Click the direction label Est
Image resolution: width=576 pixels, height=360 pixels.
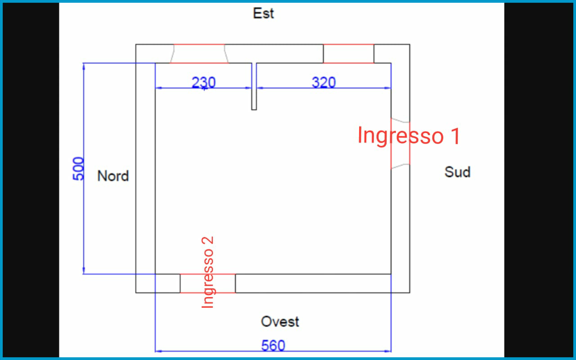point(263,13)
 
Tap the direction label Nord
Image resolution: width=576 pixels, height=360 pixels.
point(113,176)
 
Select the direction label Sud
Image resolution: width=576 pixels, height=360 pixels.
point(457,172)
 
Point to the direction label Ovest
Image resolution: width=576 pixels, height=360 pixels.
point(280,322)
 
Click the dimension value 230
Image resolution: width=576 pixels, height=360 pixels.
point(203,82)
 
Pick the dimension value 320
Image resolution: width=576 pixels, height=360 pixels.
point(324,82)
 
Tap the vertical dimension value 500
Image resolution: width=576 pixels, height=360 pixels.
point(78,169)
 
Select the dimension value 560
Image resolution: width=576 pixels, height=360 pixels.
point(273,346)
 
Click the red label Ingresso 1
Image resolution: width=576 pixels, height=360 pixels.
point(409,135)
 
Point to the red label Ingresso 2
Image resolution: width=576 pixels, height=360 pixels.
point(207,273)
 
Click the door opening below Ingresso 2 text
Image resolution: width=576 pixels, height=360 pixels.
point(207,283)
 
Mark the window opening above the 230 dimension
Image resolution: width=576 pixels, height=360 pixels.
point(199,54)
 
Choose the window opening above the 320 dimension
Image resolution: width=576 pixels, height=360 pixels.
point(348,54)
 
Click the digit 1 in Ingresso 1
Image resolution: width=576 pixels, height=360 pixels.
point(455,135)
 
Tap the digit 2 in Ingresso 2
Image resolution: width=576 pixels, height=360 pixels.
point(207,242)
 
